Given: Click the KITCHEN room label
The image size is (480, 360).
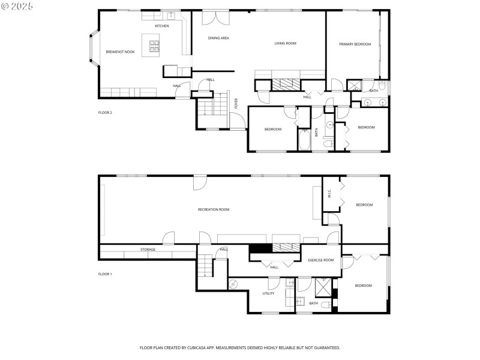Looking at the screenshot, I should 162,26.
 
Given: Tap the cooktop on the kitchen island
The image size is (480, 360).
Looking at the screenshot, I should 154,44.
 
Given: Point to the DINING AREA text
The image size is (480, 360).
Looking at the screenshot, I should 218,38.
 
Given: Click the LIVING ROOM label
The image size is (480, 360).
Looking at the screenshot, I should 286,43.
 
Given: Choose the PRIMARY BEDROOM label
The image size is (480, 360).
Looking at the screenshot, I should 355,44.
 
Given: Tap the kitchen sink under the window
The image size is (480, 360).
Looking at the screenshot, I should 170,15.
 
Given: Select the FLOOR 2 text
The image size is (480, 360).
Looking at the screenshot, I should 105,112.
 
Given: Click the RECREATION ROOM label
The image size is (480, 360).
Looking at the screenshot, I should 214,209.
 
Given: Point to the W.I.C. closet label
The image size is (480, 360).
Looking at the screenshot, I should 329,194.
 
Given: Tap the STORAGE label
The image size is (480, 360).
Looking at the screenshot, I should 148,250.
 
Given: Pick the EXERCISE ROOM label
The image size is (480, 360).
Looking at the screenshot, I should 320,260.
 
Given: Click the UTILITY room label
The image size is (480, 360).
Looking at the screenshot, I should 268,293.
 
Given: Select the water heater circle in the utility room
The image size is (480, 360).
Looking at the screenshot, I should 235,284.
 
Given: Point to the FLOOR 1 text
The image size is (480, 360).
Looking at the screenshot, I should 105,274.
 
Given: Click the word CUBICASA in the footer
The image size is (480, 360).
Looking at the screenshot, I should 205,347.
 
